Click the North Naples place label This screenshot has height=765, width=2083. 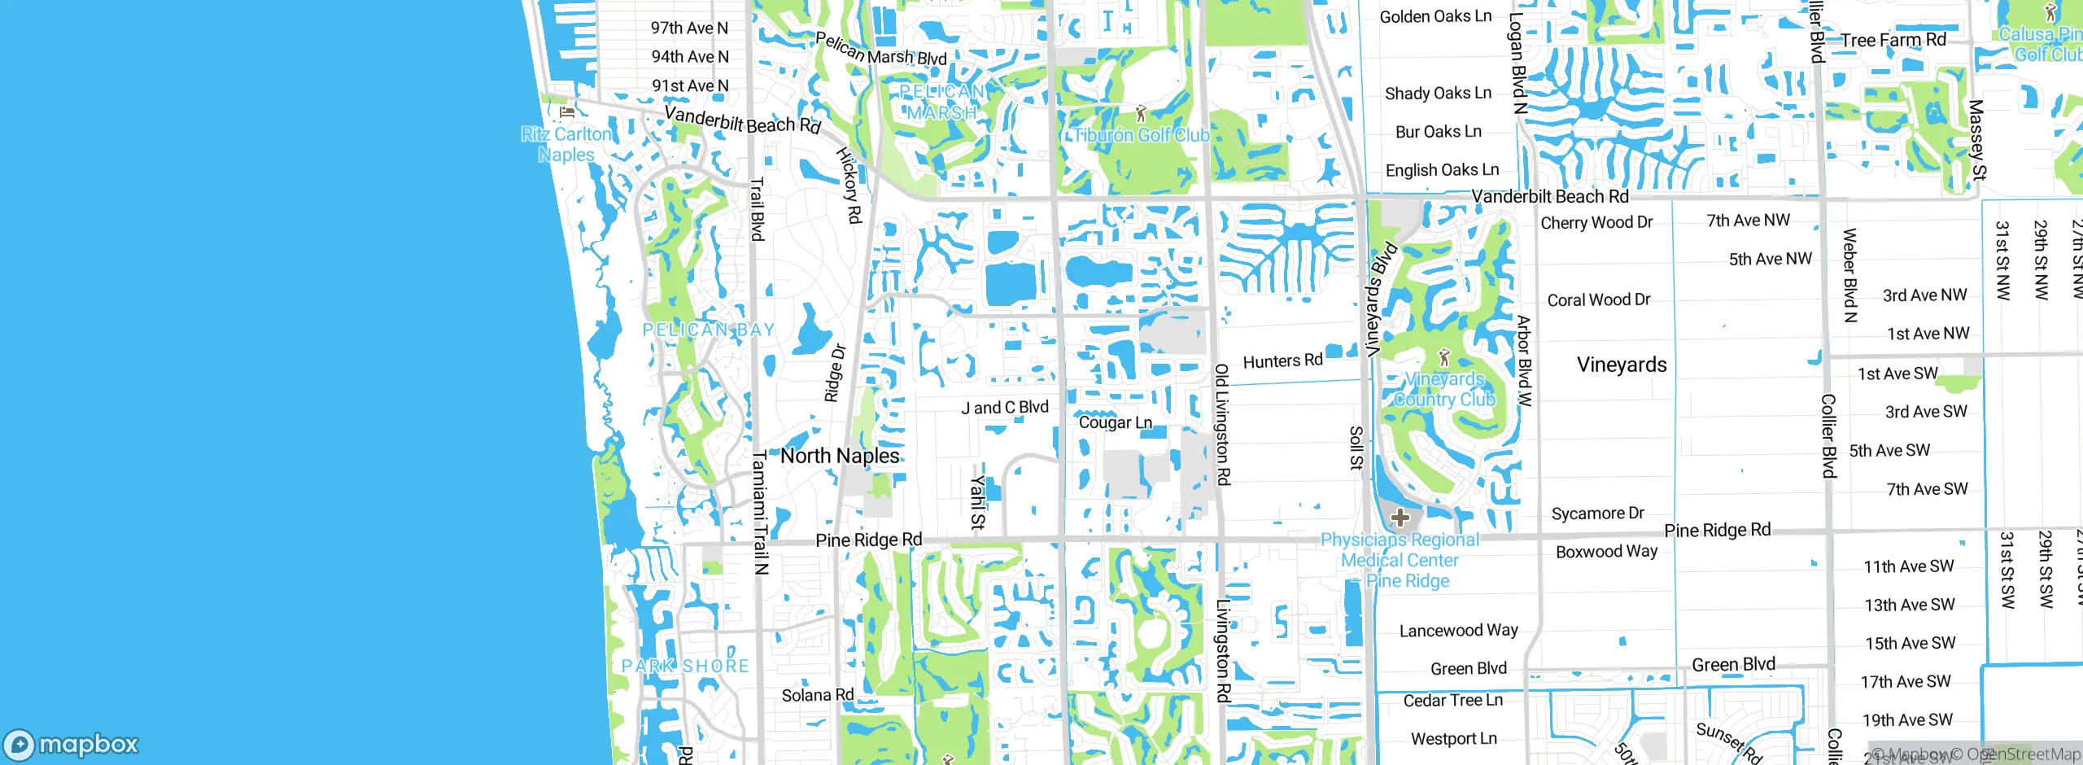(840, 456)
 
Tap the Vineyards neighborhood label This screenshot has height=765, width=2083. (1621, 365)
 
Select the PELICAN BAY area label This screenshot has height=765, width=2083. (708, 330)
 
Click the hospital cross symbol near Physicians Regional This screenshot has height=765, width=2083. (1400, 518)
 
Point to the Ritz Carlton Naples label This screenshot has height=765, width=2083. (566, 145)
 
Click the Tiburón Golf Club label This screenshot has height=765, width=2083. (1142, 135)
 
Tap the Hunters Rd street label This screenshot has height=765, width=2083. (1282, 361)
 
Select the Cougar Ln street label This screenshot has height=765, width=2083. (1115, 422)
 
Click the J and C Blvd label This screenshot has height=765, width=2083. (1005, 408)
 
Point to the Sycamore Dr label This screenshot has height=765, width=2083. (1597, 514)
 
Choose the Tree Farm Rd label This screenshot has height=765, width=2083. (1893, 40)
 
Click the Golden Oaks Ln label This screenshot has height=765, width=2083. (1435, 16)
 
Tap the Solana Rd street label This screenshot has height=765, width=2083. (817, 695)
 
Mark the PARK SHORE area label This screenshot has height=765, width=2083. (685, 666)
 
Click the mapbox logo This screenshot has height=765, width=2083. (72, 744)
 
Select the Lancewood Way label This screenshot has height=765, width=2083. (1458, 630)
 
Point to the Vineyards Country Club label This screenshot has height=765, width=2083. (1444, 390)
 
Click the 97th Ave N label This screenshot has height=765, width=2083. (689, 28)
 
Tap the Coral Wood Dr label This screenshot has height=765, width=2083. (1598, 299)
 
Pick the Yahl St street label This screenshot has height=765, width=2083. (978, 503)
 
